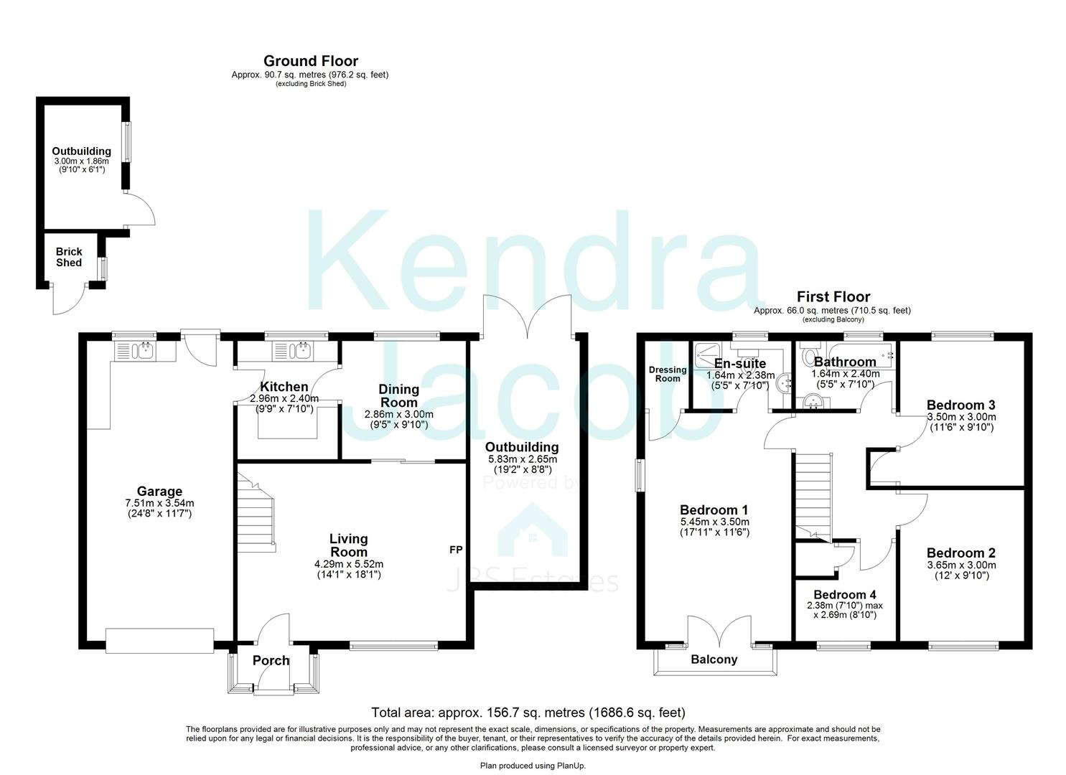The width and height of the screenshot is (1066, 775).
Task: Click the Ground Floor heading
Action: [x=310, y=62]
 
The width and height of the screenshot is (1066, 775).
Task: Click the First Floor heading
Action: [x=833, y=297]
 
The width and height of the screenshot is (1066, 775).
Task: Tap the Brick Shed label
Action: [x=69, y=257]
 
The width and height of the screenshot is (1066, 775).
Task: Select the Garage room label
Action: [x=159, y=492]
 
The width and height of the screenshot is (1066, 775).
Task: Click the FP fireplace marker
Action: [x=455, y=550]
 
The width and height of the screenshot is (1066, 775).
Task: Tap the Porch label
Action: [x=271, y=661]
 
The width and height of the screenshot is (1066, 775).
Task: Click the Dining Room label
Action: [x=398, y=395]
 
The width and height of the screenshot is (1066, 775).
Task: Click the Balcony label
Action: [x=714, y=659]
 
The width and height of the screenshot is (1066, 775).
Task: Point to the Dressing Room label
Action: [x=668, y=374]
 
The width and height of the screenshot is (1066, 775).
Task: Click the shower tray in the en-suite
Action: [x=708, y=352]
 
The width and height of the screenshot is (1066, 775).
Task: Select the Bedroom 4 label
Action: [x=844, y=595]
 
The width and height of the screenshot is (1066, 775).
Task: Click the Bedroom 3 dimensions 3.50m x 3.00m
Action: [x=960, y=417]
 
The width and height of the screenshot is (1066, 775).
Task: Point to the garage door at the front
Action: [x=159, y=640]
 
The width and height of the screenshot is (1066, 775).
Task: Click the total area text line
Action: [x=528, y=713]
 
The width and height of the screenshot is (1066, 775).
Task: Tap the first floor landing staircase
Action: [x=813, y=495]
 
